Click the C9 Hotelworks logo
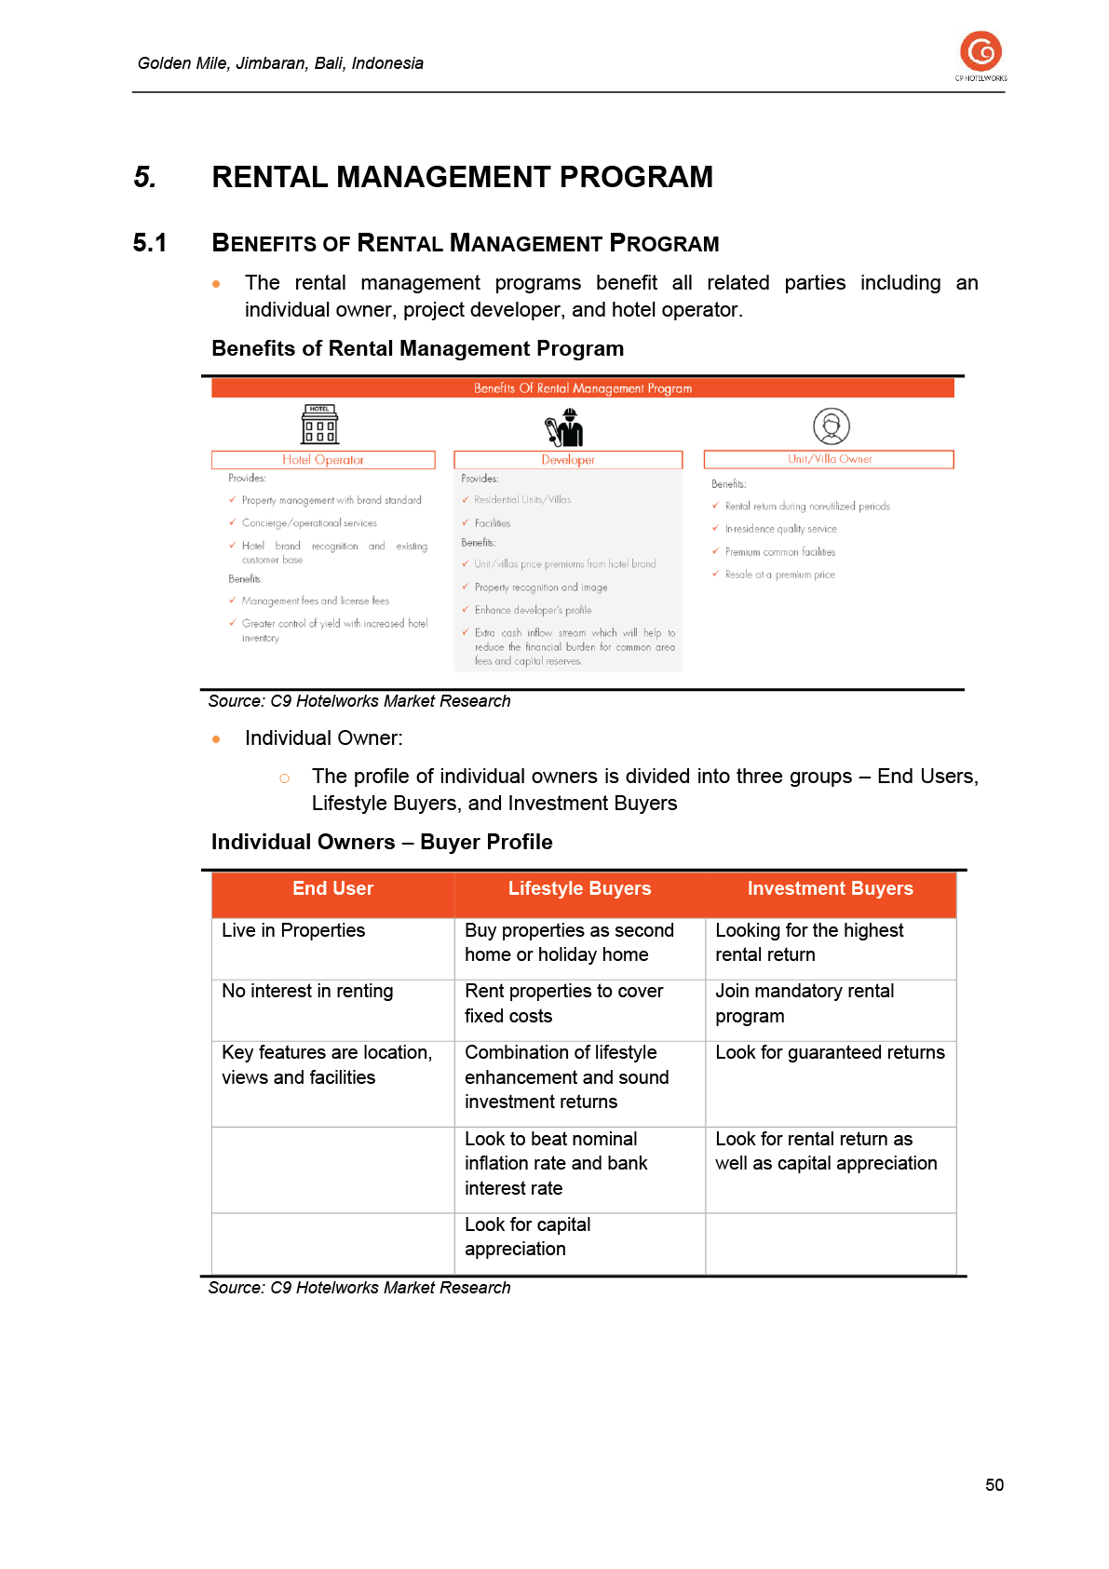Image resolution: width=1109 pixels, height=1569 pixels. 981,54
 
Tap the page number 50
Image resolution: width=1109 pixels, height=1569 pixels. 994,1485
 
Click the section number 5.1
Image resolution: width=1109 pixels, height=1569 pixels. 150,243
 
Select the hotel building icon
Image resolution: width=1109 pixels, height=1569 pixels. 319,425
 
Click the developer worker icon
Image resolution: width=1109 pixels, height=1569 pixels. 565,427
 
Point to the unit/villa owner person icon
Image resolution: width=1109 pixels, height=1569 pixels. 831,426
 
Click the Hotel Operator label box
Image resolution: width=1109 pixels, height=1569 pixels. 323,460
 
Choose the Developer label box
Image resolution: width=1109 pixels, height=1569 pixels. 567,460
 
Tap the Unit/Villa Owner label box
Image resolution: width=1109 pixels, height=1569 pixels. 829,459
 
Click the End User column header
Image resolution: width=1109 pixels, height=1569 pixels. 332,889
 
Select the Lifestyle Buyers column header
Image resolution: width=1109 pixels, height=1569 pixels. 579,889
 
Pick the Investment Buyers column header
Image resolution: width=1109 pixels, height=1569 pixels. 830,889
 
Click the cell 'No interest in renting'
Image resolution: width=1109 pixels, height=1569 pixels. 307,992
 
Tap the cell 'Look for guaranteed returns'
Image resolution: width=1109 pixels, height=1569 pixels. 829,1053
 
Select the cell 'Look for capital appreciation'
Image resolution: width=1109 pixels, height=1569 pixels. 528,1237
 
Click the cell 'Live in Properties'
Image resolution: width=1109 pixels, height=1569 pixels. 293,931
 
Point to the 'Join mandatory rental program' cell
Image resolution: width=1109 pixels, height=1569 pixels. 805,1004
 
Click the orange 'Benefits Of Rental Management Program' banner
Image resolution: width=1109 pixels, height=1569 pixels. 582,388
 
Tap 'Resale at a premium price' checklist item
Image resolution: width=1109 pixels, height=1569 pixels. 779,575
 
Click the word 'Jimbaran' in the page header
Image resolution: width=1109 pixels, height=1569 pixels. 271,63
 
